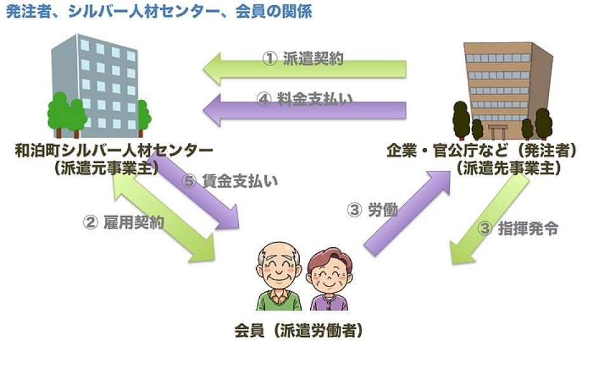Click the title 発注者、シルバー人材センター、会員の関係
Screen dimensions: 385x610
pyautogui.click(x=159, y=11)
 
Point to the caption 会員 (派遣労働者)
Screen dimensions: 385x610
pyautogui.click(x=299, y=331)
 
